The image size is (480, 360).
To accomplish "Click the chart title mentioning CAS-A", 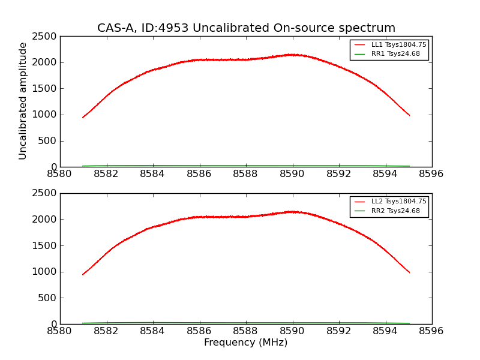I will (x=246, y=28).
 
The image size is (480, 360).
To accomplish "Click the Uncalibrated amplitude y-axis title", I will (x=23, y=101).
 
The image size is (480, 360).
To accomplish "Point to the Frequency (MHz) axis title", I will (x=246, y=343).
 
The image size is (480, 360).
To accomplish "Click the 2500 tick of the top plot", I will (x=46, y=37).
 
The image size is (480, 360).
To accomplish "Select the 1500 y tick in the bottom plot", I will (x=46, y=245).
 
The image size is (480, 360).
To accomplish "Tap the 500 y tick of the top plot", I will (x=48, y=141).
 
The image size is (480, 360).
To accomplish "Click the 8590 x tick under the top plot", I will (x=292, y=174).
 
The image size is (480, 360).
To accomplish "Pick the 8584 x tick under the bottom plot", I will (x=152, y=331).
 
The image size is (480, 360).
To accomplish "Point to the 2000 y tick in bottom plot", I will (x=46, y=220).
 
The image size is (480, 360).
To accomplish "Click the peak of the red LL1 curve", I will (x=292, y=55).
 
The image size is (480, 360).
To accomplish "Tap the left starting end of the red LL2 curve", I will (x=83, y=274).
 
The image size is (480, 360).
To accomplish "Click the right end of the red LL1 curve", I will (x=409, y=115).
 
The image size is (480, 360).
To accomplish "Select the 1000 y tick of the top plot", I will (x=46, y=115).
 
